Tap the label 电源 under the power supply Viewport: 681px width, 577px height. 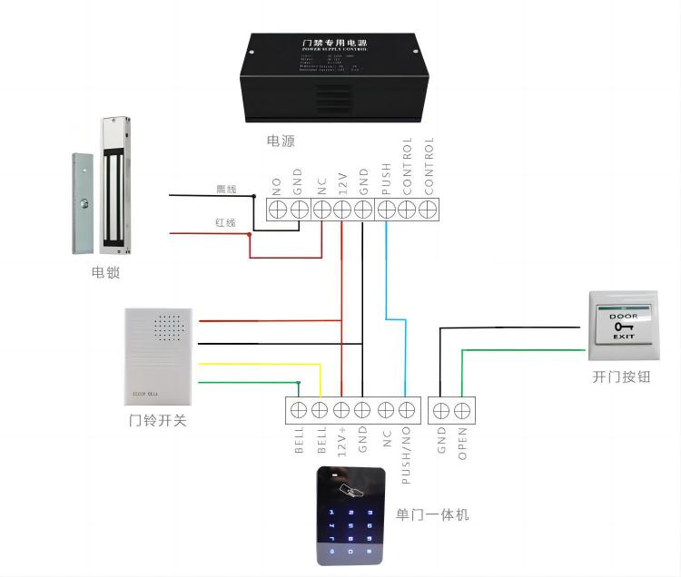click(x=281, y=141)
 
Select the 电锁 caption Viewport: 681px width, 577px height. click(x=105, y=272)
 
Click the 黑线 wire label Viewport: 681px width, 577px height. click(x=225, y=190)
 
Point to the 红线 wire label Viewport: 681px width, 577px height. click(x=225, y=222)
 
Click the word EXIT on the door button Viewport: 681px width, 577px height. click(x=623, y=336)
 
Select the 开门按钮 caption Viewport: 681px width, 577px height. click(x=621, y=377)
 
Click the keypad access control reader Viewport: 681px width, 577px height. click(x=350, y=514)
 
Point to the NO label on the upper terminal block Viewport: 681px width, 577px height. click(x=278, y=186)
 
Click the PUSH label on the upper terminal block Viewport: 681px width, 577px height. click(x=385, y=181)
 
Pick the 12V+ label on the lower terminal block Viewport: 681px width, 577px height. click(x=341, y=442)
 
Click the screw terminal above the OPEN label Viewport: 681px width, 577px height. click(x=462, y=409)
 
